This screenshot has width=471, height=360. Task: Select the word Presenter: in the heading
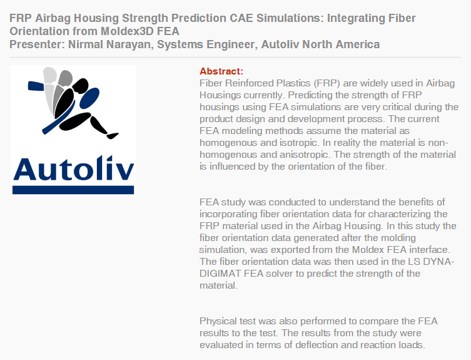pos(37,44)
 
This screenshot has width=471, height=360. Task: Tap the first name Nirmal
pos(86,44)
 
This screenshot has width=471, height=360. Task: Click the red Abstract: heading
pos(221,71)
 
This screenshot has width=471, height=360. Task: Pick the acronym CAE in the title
pos(241,18)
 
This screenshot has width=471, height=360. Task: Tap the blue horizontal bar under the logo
pos(73,190)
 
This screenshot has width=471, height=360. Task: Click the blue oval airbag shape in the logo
pos(89,98)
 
